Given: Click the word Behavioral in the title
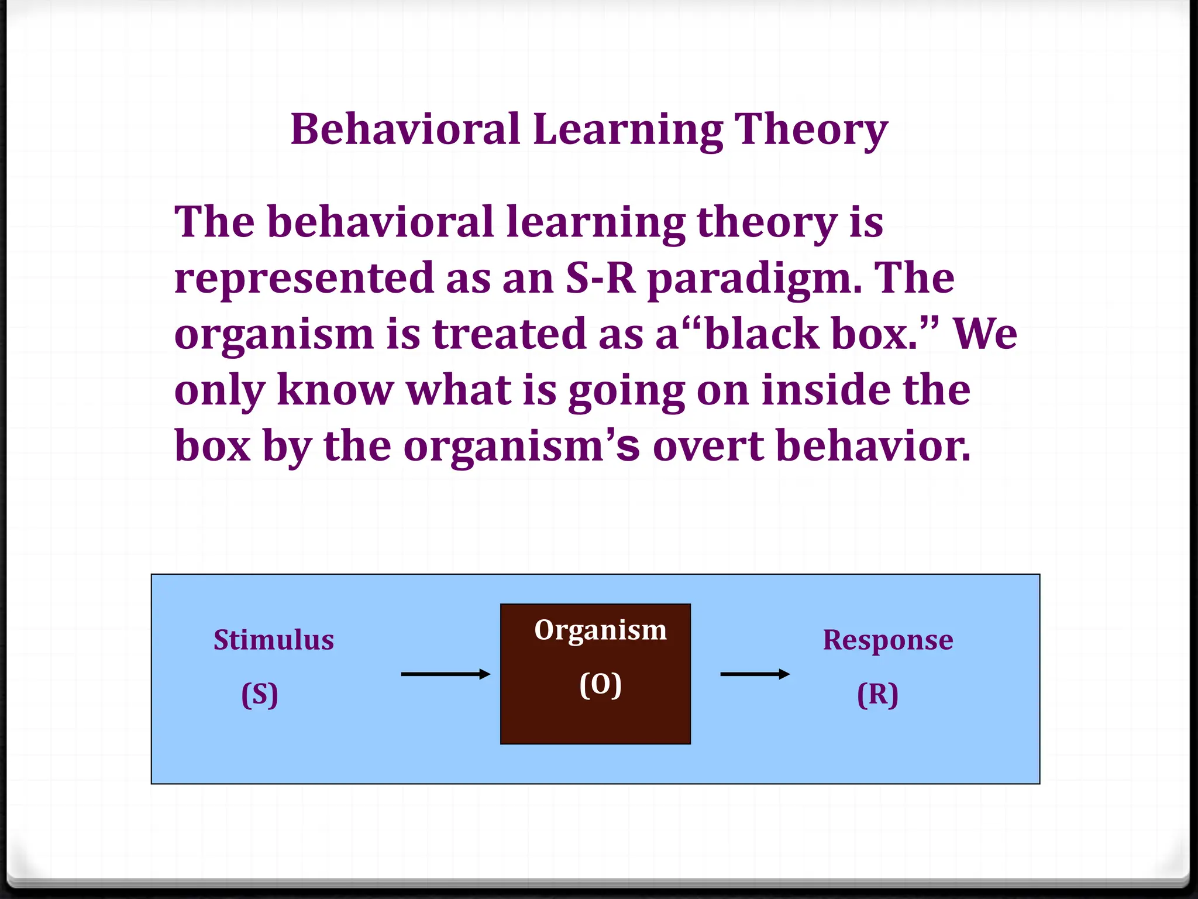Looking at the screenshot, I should click(405, 130).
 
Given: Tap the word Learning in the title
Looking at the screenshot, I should click(628, 130).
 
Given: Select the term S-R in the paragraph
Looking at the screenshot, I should click(600, 278).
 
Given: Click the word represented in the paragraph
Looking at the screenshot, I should click(304, 278).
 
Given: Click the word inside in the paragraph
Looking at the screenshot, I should click(825, 390).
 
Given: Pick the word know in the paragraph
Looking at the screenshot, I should click(335, 390).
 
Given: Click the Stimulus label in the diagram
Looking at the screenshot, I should click(274, 640).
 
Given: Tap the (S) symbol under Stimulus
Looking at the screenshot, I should click(260, 695).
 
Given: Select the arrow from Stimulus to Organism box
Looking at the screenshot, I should click(445, 674).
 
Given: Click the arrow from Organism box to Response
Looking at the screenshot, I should click(755, 674).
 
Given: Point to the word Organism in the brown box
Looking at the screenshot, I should click(600, 630).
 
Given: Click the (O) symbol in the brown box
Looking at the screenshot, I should click(600, 684).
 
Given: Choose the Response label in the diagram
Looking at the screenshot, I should click(887, 640).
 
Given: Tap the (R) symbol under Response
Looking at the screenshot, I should click(877, 695).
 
